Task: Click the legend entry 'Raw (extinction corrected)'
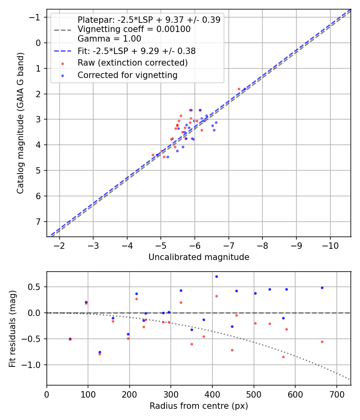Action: (x=132, y=63)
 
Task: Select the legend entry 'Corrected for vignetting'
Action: (x=128, y=75)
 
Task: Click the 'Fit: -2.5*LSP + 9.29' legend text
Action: (x=136, y=51)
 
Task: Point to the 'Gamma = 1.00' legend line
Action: (x=109, y=39)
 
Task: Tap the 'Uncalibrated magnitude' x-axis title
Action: (x=199, y=257)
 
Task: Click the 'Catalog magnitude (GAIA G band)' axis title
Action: (x=20, y=123)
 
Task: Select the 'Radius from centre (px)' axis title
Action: (x=199, y=406)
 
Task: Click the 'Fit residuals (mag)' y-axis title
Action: (x=12, y=328)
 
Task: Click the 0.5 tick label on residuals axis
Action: (x=36, y=287)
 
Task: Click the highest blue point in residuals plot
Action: (x=216, y=276)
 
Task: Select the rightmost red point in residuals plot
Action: (x=322, y=342)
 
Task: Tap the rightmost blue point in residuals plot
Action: (x=322, y=288)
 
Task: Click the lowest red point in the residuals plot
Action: (x=283, y=357)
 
